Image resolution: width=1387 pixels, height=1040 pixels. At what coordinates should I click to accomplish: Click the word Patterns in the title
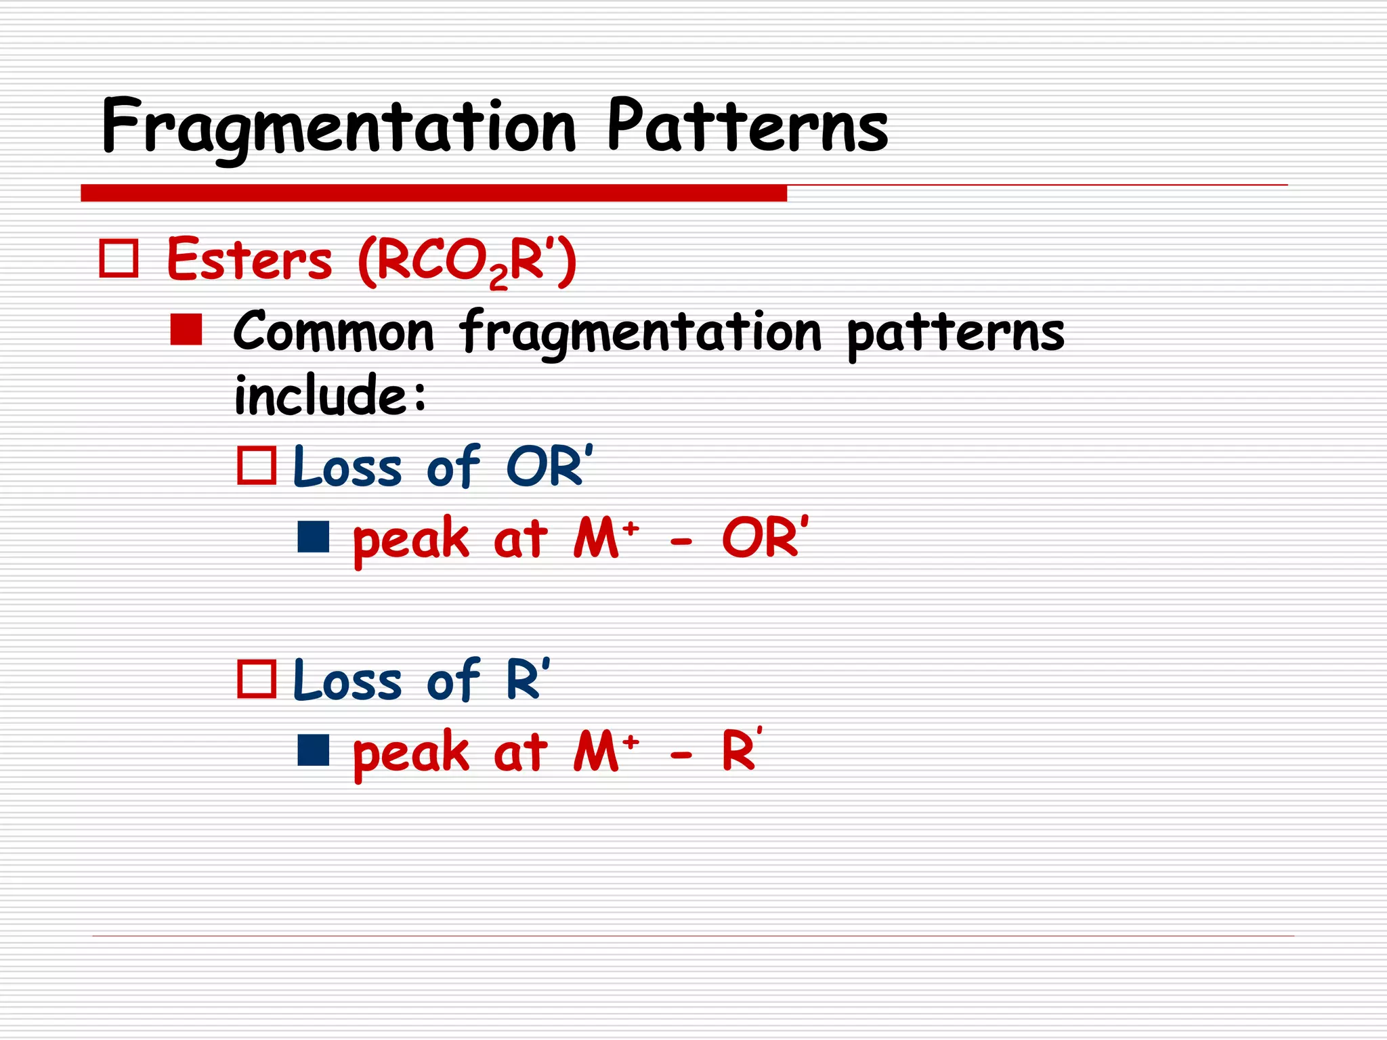point(748,127)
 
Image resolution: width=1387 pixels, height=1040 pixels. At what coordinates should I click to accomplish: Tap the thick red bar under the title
point(433,193)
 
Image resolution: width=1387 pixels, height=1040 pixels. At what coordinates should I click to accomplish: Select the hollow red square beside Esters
point(119,259)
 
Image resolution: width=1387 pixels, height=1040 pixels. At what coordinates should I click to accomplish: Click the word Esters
point(249,260)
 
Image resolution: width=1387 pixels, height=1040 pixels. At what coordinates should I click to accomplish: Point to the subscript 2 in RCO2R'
point(498,277)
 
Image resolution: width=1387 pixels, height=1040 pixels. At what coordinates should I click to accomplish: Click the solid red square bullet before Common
point(186,330)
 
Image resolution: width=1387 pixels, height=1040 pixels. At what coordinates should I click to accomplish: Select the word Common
point(333,332)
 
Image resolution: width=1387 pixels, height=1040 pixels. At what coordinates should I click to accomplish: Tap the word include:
point(330,396)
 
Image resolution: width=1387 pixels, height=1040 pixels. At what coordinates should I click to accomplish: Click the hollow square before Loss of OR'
point(257,466)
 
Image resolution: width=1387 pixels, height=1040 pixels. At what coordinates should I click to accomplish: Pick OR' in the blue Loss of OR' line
point(549,467)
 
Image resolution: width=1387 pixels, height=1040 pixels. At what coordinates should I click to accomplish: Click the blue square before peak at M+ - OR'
point(314,537)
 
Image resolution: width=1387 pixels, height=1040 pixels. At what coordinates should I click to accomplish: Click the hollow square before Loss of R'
point(257,679)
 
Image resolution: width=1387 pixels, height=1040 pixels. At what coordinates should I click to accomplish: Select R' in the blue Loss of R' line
point(527,680)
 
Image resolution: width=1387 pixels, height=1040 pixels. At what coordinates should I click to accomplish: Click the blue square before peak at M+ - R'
point(314,750)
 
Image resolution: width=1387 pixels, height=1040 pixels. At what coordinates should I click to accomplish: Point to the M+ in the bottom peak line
point(605,752)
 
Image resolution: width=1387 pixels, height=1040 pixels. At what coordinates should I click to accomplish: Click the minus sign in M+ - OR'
point(681,542)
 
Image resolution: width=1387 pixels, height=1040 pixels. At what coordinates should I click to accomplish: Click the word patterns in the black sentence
point(956,333)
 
